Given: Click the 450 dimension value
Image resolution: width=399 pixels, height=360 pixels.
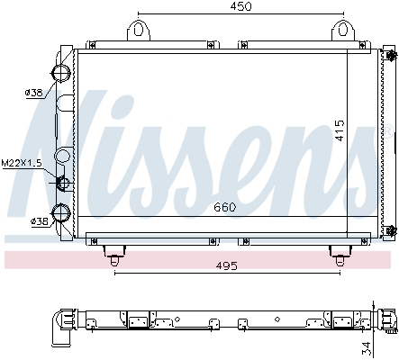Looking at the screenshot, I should (239, 6).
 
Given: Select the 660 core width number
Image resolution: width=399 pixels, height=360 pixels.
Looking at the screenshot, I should (225, 208).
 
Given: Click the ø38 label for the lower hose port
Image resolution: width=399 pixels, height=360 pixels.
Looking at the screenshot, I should (39, 221).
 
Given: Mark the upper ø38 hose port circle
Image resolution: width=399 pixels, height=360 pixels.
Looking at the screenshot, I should (62, 73).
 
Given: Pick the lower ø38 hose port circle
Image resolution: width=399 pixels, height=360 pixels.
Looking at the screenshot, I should (62, 213).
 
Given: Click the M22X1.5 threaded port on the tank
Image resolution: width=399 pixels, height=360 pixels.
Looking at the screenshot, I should (63, 184).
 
